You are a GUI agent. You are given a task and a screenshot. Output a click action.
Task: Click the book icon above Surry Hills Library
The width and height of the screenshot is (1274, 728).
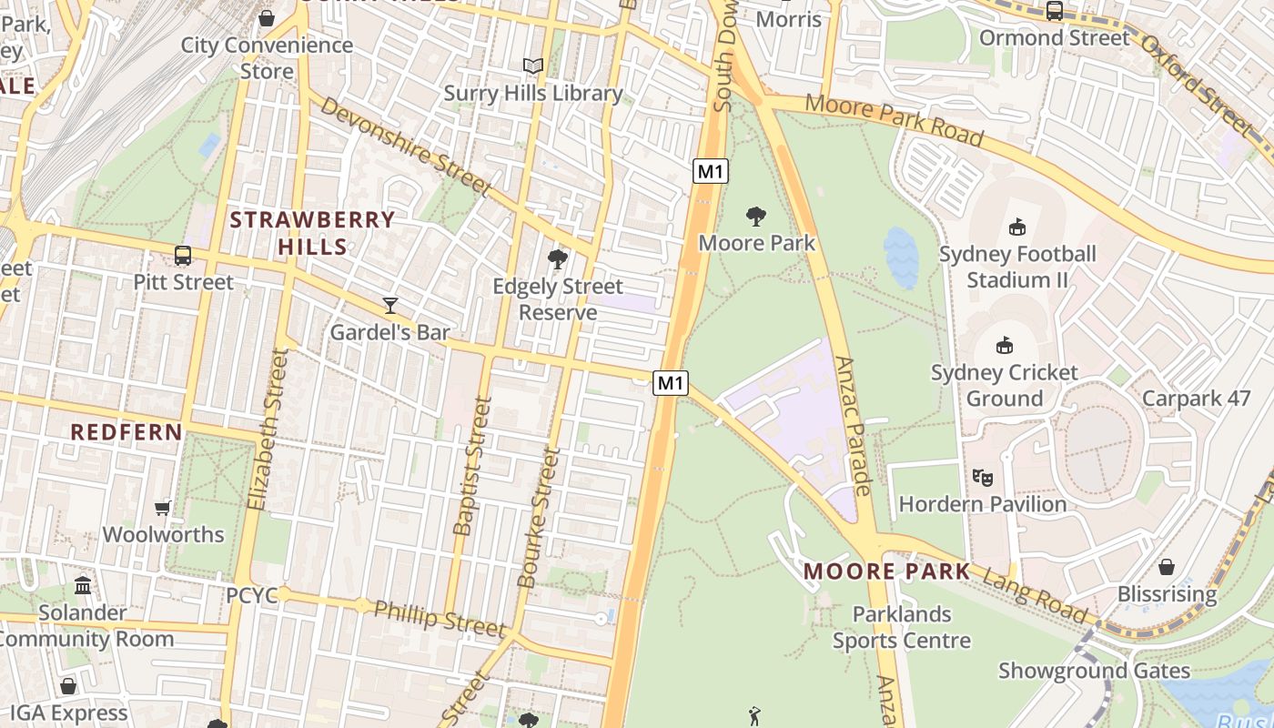point(533,66)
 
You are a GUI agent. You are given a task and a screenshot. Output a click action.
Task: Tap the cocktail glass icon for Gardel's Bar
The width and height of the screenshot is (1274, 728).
point(390,305)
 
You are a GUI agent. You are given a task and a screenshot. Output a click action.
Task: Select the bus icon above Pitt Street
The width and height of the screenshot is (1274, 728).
point(183,256)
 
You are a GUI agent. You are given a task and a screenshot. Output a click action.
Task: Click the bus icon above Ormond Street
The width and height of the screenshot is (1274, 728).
point(1055,11)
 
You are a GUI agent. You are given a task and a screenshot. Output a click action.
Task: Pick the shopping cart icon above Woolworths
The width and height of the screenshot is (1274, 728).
point(163,508)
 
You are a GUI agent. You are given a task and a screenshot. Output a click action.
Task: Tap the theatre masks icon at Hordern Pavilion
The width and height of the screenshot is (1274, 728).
point(982,477)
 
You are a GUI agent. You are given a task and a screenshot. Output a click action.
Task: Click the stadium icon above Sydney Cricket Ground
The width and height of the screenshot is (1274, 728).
point(1005,346)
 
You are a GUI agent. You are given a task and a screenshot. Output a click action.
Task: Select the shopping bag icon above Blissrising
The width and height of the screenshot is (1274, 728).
point(1167,568)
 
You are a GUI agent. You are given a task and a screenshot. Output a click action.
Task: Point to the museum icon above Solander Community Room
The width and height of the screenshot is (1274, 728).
point(83,585)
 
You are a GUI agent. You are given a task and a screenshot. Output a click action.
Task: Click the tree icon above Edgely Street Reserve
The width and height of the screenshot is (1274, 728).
point(558,260)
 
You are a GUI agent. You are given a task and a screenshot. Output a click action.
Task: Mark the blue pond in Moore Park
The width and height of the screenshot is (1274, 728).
point(901,257)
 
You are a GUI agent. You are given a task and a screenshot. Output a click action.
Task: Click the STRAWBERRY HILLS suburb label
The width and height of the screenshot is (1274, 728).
point(312,233)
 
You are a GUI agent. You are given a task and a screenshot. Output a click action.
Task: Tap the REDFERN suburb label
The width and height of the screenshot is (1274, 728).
point(126,432)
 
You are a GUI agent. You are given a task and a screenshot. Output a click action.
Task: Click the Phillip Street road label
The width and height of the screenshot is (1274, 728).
point(440,619)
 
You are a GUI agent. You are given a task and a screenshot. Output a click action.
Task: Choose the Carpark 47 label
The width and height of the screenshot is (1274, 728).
point(1196,399)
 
